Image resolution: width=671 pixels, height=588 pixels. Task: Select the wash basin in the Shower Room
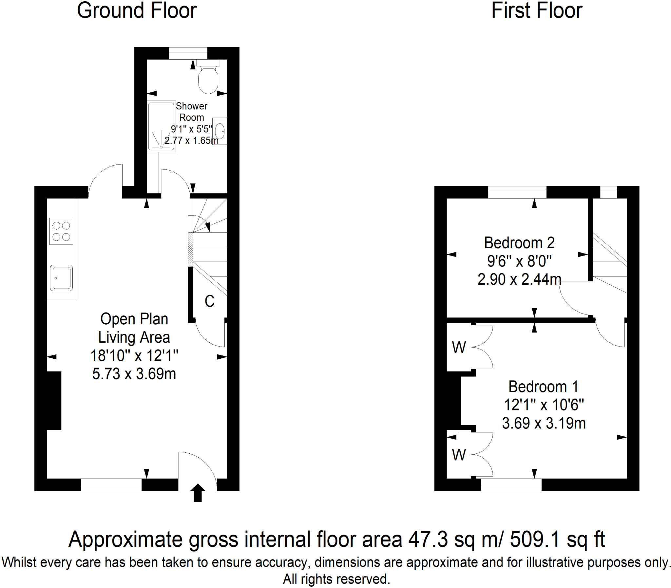pos(220,131)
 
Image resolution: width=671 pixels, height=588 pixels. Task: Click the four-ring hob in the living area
pos(61,231)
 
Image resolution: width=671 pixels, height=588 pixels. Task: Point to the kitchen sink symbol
pos(61,278)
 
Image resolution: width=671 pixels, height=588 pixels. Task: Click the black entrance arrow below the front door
pos(198,493)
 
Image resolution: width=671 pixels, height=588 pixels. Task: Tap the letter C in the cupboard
pos(209,301)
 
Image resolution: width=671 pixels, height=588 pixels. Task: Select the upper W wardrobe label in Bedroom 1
pos(458,348)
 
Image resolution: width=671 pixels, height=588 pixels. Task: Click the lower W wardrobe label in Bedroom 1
pos(458,455)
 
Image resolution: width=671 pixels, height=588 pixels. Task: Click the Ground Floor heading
pos(137,11)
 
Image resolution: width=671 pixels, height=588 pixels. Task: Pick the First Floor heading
pos(536,11)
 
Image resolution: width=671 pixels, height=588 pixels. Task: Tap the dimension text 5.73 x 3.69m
pos(134,374)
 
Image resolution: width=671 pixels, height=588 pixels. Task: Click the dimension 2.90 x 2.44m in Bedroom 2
pos(519,279)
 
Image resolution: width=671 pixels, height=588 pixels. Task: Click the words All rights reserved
pos(336,579)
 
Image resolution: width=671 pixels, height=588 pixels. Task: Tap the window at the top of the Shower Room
pos(188,53)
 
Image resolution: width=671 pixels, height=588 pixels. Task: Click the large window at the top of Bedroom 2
pos(517,192)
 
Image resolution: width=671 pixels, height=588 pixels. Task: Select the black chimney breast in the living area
pos(53,400)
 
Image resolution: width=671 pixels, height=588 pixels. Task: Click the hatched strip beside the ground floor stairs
pos(190,249)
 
